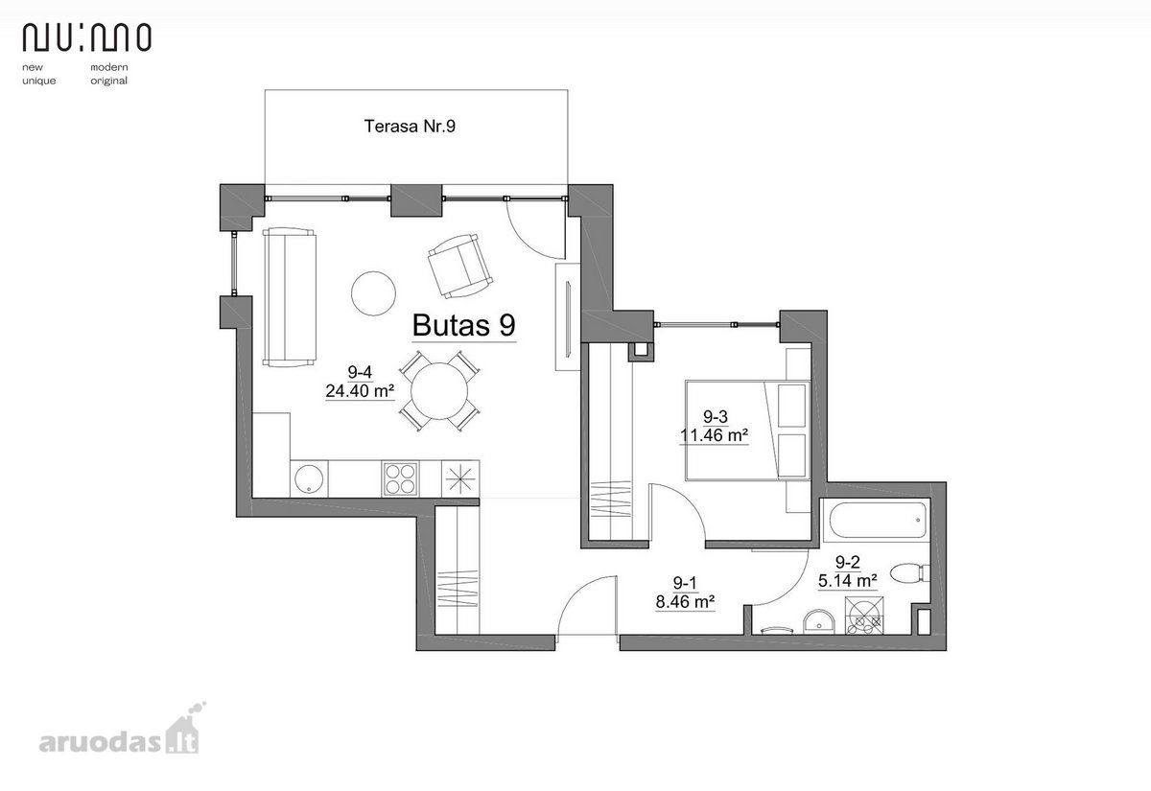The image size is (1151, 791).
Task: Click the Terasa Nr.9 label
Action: [x=410, y=126]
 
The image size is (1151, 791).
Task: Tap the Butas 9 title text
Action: [x=463, y=325]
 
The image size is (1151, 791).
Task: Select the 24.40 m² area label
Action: [x=360, y=391]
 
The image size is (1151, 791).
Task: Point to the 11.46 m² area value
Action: [x=714, y=435]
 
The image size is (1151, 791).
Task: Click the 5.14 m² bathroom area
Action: [x=847, y=581]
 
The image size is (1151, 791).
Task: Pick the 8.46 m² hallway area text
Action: [x=685, y=601]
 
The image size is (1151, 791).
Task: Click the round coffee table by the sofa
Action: [x=373, y=293]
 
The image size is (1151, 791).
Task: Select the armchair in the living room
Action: [x=459, y=267]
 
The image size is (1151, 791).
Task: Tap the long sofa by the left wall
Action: [x=289, y=297]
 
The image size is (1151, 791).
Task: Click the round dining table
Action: [x=439, y=391]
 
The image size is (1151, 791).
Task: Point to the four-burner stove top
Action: [x=400, y=478]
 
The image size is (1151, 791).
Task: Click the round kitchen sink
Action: [x=309, y=479]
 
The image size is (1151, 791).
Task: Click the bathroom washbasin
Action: [x=819, y=622]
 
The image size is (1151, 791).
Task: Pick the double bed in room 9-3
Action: [x=747, y=430]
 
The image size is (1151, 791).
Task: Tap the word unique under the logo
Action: [x=39, y=81]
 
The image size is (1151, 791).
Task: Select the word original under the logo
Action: [x=109, y=81]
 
